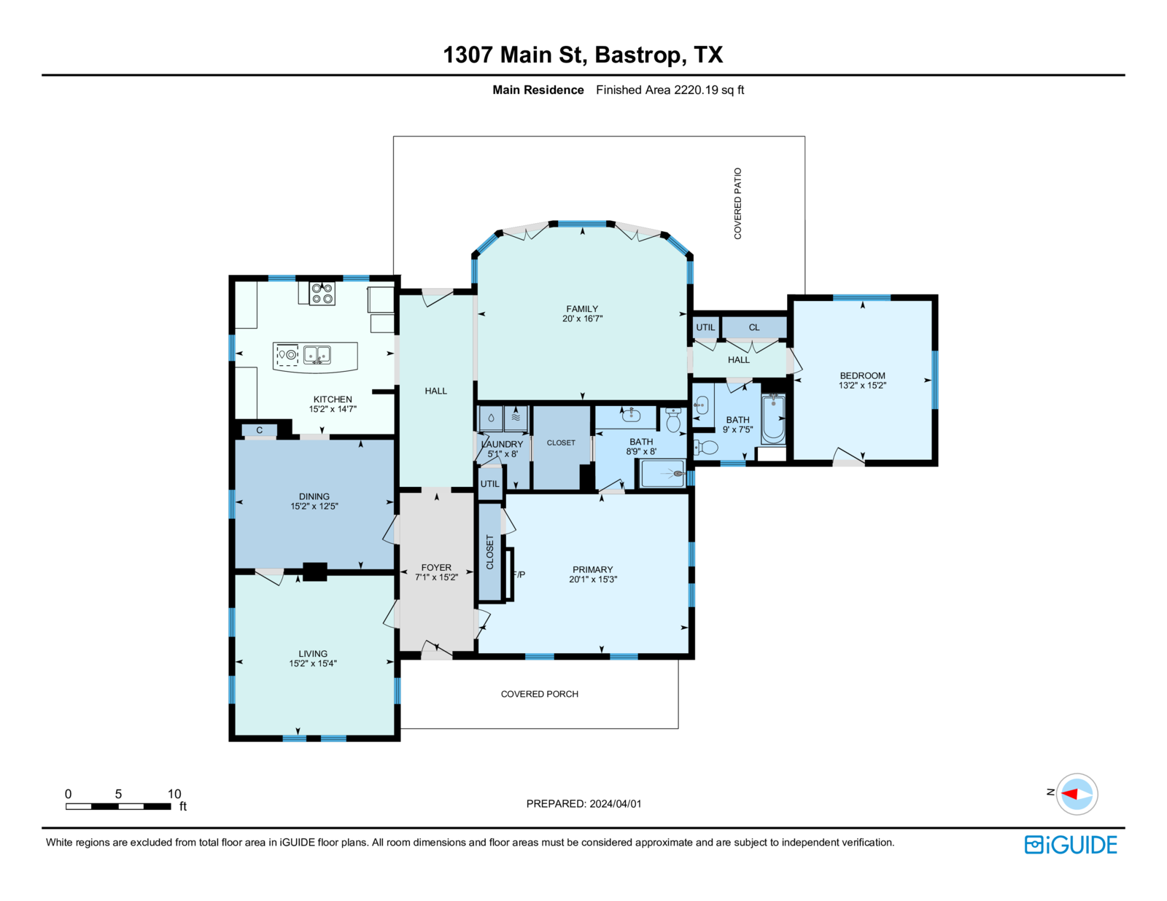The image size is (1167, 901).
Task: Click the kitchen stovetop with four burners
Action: (322, 294)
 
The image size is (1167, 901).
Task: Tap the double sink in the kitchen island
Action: (317, 355)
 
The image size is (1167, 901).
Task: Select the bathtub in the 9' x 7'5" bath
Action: (773, 419)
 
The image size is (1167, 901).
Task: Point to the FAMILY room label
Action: (581, 308)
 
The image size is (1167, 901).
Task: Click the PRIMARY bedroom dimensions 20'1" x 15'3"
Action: (593, 579)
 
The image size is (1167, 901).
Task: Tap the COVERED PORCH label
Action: (539, 694)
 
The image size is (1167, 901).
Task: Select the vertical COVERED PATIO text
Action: (737, 203)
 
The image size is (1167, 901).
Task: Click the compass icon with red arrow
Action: (1077, 794)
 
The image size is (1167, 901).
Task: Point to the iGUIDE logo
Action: (1070, 845)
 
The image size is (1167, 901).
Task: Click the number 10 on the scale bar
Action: (174, 794)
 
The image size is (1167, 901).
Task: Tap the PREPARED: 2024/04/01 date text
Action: (583, 803)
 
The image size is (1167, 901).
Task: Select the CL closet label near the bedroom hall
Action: (754, 327)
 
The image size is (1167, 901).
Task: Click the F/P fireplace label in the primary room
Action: (519, 574)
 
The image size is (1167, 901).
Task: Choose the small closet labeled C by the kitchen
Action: (260, 430)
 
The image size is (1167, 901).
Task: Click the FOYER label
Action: (436, 567)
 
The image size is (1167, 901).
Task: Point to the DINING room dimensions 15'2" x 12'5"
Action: (314, 506)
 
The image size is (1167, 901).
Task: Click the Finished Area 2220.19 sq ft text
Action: (670, 90)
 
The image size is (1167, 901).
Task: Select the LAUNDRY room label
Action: (502, 445)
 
